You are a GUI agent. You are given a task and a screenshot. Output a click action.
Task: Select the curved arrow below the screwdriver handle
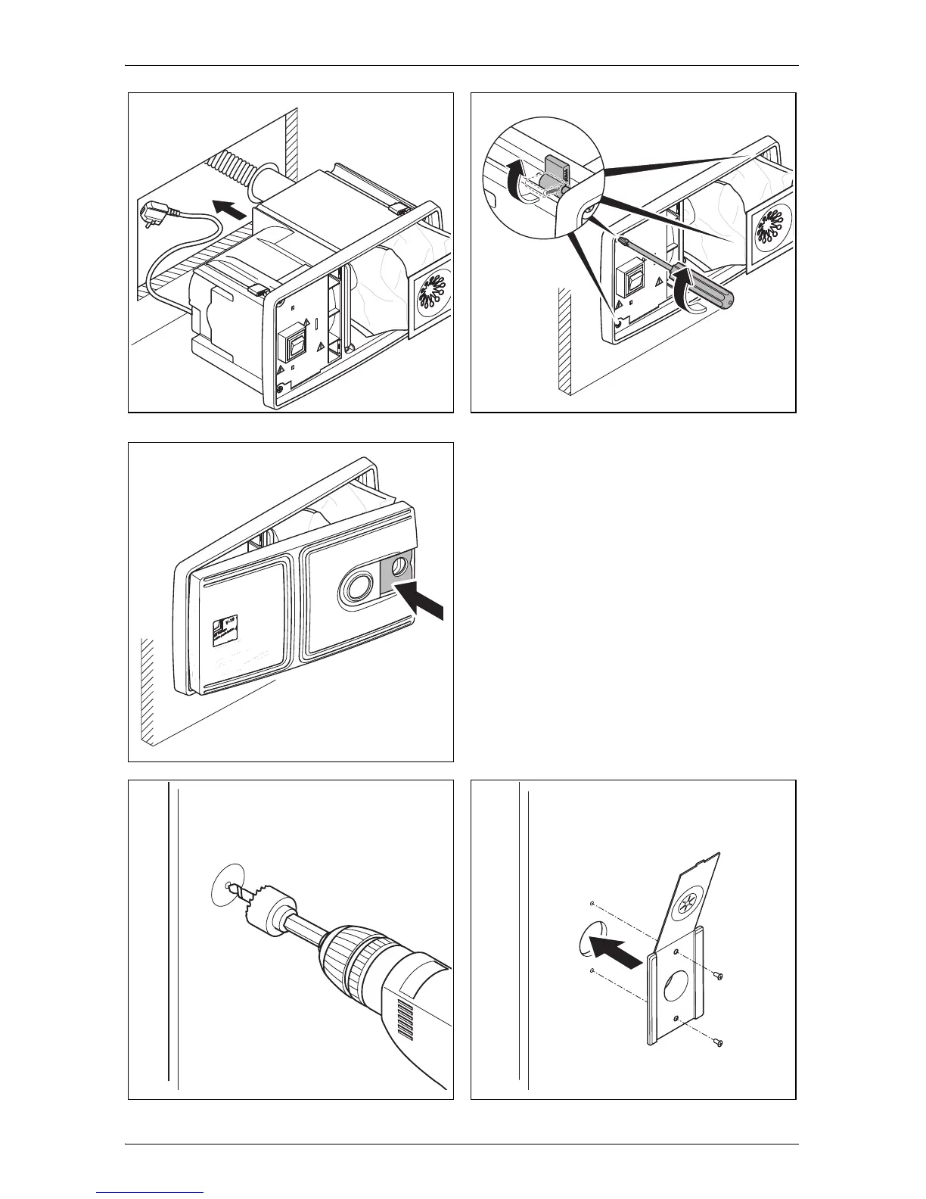[x=688, y=295]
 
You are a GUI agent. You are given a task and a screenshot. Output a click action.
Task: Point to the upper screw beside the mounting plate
[x=719, y=974]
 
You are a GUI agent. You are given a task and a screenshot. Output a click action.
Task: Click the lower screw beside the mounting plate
[x=719, y=1043]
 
